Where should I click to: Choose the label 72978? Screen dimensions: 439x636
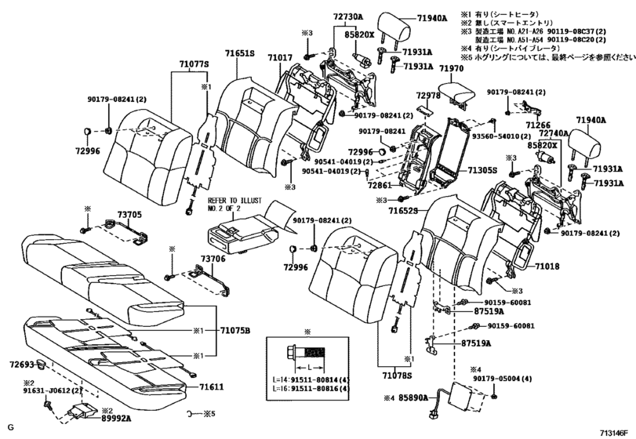[x=428, y=96]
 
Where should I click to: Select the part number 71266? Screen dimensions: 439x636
[x=538, y=125]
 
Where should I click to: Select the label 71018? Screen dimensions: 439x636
[x=547, y=267]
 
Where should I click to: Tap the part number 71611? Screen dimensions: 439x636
[x=211, y=386]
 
